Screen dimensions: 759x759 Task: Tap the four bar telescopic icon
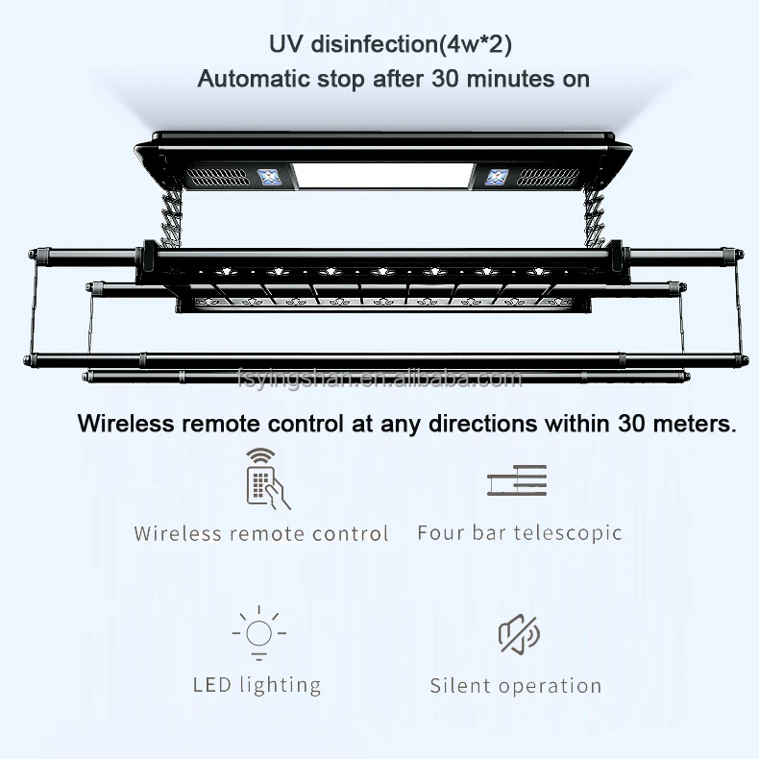(x=516, y=480)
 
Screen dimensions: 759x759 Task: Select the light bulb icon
(x=258, y=634)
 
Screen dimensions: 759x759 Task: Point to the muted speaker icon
(x=519, y=634)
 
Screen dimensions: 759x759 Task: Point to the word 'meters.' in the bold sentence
(x=689, y=424)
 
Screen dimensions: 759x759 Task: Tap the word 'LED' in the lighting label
(x=211, y=685)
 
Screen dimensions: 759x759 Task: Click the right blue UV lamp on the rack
(x=497, y=177)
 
